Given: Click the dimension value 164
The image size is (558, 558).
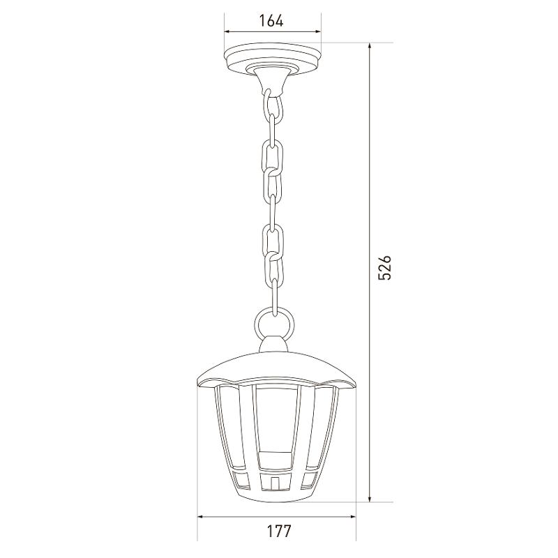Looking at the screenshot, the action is coord(271,21).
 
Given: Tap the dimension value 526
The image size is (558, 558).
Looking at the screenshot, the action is coord(384,267).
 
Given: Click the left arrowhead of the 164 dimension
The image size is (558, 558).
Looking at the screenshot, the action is coord(228,31).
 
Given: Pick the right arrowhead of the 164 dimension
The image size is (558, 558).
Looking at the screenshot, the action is coord(317,31).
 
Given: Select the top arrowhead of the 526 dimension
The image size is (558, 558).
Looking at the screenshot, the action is coord(370,47).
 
